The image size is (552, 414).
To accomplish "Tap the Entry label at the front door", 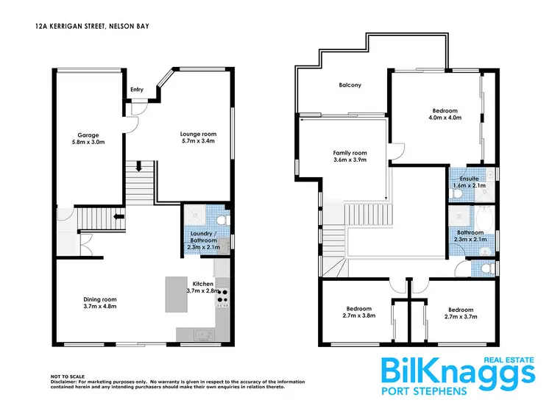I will coord(137,90).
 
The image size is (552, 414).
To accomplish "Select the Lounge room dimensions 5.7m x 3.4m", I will coord(197,141).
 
